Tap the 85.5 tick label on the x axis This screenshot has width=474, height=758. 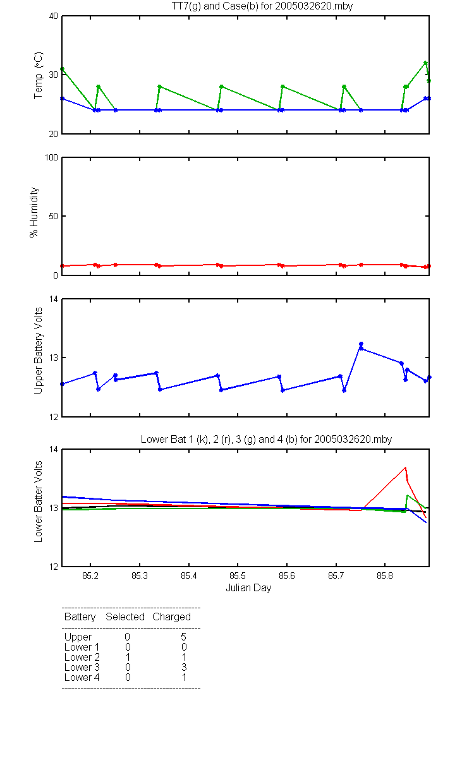coord(238,575)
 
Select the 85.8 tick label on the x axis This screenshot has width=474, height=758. coord(385,575)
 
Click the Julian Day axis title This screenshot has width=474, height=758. coord(248,588)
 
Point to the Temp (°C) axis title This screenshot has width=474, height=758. coord(39,75)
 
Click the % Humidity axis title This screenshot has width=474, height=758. coord(34,212)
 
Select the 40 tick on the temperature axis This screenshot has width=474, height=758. coord(54,16)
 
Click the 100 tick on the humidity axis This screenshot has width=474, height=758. coord(51,158)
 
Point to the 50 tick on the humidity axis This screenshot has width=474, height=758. coord(54,216)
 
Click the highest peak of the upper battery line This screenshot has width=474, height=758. coord(361,344)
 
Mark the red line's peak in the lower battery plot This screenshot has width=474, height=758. coord(405,467)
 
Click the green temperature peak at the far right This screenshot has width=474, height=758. coord(425,63)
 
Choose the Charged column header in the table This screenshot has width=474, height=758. coord(171,617)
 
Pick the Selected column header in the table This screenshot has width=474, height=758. coord(125,617)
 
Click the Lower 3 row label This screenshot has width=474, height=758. coord(82,667)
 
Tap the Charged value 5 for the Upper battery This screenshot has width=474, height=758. coord(183,637)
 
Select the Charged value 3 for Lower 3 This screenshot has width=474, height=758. coord(184,667)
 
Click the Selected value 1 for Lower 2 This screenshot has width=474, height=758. coord(128,657)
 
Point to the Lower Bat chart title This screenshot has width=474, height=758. coord(266,439)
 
